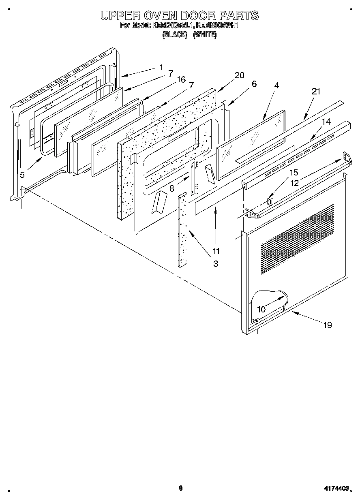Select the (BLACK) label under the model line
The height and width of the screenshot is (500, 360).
(174, 35)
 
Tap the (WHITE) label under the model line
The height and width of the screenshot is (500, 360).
(205, 35)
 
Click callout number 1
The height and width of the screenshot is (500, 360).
(161, 67)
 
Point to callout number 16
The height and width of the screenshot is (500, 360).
(181, 79)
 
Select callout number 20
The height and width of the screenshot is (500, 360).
(240, 75)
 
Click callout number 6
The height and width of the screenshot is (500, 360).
(254, 84)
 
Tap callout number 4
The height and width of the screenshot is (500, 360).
(276, 85)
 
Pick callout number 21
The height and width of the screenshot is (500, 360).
(316, 92)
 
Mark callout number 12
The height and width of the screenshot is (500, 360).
(294, 183)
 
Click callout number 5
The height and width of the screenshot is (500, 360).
(22, 175)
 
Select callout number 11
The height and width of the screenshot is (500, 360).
(216, 250)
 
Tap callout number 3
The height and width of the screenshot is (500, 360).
(216, 264)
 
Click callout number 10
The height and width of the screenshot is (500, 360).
(261, 309)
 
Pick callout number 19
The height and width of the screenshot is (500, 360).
(328, 325)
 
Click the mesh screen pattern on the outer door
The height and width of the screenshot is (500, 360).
(298, 239)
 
